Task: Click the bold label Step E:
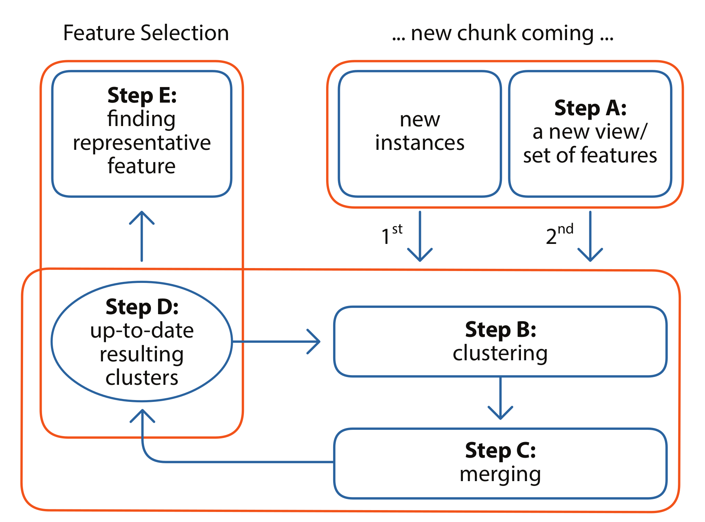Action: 142,96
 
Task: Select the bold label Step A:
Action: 590,108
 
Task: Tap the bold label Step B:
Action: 500,329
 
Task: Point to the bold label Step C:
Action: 500,451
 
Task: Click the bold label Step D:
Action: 142,307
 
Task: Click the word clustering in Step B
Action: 500,353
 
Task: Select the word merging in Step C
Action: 500,475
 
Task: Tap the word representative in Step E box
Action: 142,143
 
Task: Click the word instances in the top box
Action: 420,143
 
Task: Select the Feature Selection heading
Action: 146,33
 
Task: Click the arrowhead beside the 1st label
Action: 420,256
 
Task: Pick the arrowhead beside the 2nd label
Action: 590,256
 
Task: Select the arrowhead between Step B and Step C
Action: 500,414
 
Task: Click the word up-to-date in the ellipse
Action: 142,331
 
